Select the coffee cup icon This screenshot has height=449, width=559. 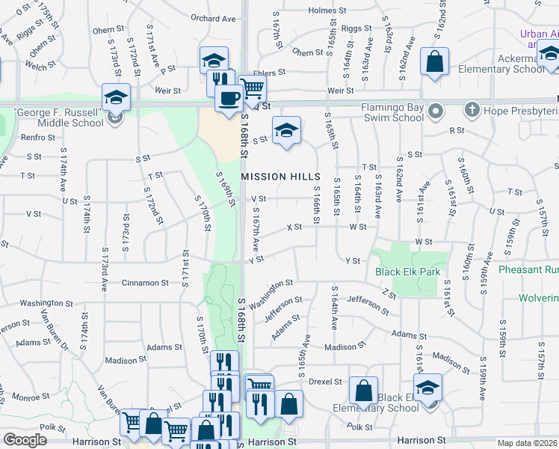pyautogui.click(x=229, y=97)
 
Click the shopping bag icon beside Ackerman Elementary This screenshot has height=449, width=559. pyautogui.click(x=434, y=63)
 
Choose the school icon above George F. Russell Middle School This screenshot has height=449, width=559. pyautogui.click(x=116, y=97)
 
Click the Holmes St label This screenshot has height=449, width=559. pyautogui.click(x=324, y=10)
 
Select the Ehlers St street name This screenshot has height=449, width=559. pyautogui.click(x=270, y=73)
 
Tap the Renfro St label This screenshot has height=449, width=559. pyautogui.click(x=38, y=137)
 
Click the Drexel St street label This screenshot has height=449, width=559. pyautogui.click(x=325, y=381)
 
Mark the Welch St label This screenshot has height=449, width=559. pyautogui.click(x=36, y=65)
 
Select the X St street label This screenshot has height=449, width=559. pyautogui.click(x=294, y=227)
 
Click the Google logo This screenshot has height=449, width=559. pyautogui.click(x=25, y=440)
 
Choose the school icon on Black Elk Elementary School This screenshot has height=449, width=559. pyautogui.click(x=427, y=388)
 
